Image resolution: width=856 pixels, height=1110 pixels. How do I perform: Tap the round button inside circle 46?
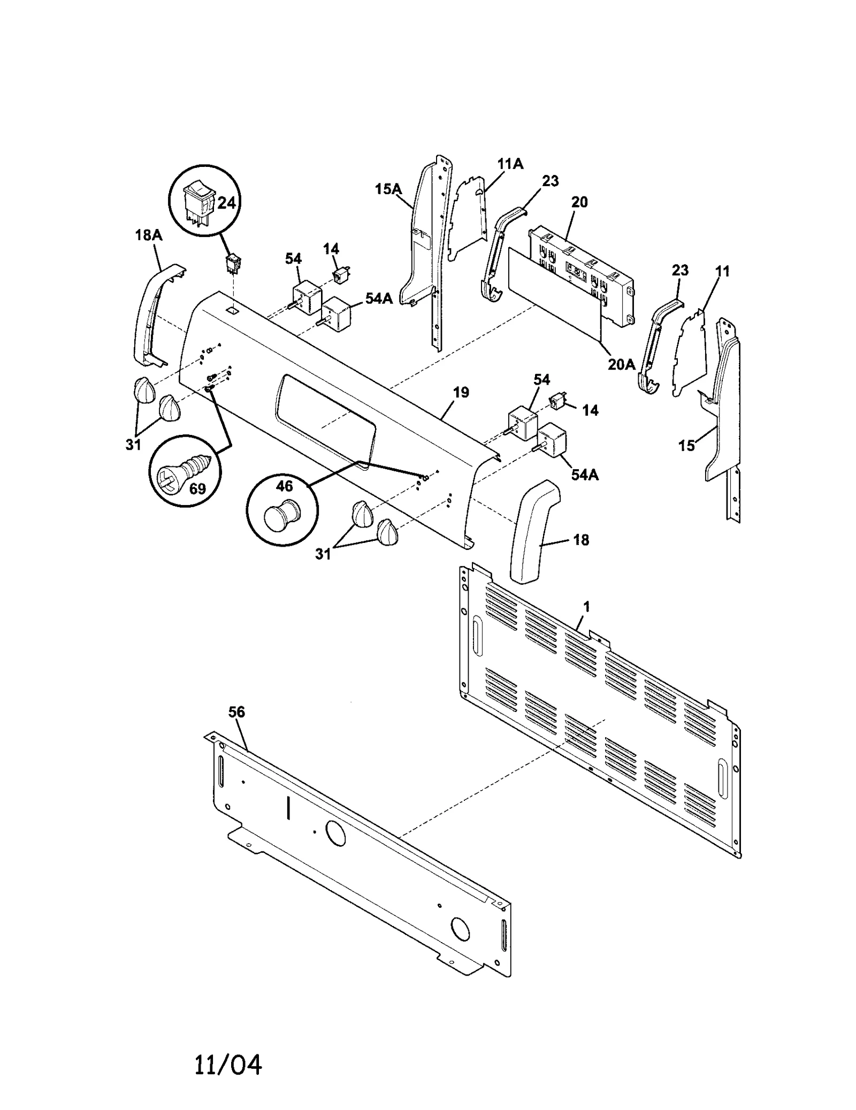(282, 515)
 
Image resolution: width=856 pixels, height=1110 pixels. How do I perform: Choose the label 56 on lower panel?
(236, 712)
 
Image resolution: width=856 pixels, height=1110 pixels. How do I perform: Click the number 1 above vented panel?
(587, 607)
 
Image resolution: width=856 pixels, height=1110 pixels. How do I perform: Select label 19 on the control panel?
(461, 392)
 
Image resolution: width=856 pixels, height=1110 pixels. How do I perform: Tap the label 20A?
(621, 364)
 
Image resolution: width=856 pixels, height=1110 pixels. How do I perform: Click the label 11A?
(510, 164)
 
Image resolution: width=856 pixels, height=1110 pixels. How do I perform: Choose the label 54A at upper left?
(379, 298)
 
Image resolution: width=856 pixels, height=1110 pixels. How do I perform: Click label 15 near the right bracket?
(686, 445)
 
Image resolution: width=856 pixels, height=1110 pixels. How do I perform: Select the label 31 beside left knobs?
(134, 444)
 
